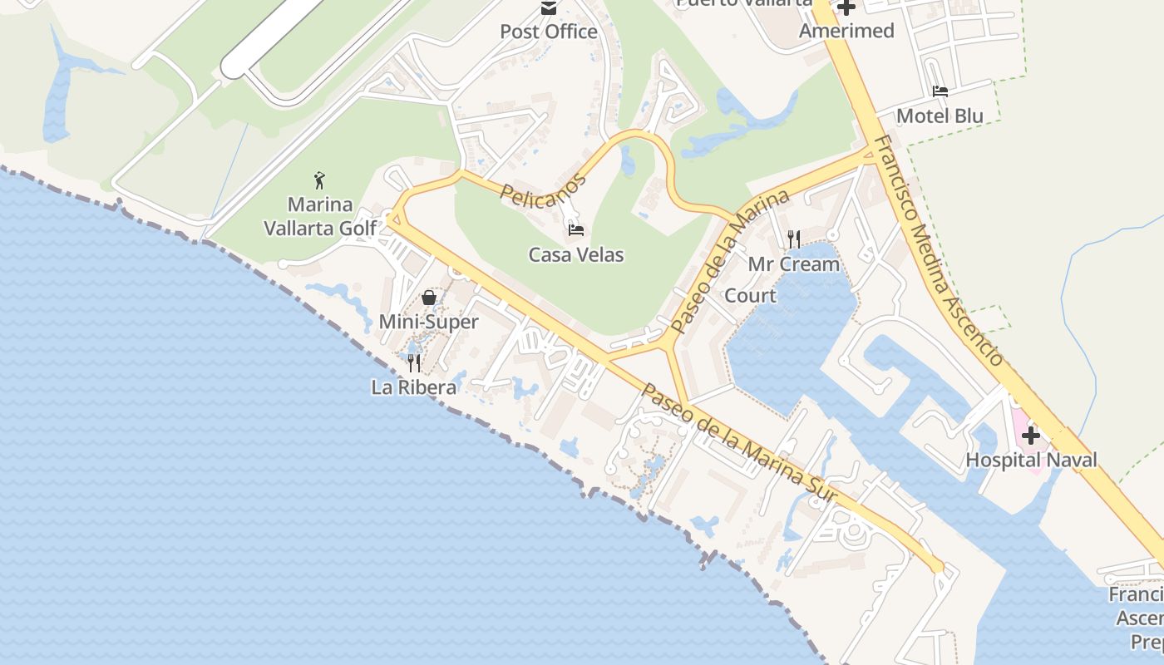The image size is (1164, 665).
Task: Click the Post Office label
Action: pyautogui.click(x=549, y=32)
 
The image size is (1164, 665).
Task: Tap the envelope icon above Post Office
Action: pyautogui.click(x=549, y=8)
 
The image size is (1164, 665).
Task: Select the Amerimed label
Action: pyautogui.click(x=846, y=31)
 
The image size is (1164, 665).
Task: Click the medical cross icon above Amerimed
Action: pyautogui.click(x=846, y=7)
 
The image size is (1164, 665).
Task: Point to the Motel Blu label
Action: pyautogui.click(x=940, y=116)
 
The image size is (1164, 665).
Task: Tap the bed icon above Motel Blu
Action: pyautogui.click(x=940, y=91)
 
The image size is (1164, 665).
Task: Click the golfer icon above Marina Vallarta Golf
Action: pyautogui.click(x=319, y=180)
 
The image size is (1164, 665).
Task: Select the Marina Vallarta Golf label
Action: pyautogui.click(x=320, y=216)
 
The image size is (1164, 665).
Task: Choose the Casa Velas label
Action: pyautogui.click(x=576, y=254)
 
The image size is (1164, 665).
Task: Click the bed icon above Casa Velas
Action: pyautogui.click(x=576, y=229)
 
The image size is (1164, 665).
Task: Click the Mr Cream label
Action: pyautogui.click(x=794, y=264)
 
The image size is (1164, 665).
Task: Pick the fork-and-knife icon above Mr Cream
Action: pyautogui.click(x=794, y=239)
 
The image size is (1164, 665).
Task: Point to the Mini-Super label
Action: pyautogui.click(x=429, y=322)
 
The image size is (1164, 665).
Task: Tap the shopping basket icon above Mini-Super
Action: pyautogui.click(x=429, y=297)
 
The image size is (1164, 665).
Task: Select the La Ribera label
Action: pyautogui.click(x=414, y=387)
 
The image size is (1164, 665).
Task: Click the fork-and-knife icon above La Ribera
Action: pyautogui.click(x=414, y=362)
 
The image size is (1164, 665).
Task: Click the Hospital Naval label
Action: pyautogui.click(x=1031, y=460)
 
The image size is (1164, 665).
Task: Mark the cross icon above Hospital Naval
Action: pyautogui.click(x=1031, y=435)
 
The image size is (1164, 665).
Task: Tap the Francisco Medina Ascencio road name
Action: pyautogui.click(x=940, y=249)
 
